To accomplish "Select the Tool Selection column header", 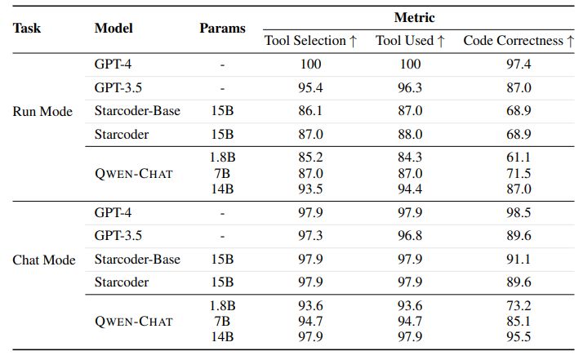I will pos(311,41).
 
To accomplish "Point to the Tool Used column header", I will pos(410,41).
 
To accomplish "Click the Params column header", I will pos(222,28).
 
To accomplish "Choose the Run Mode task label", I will pos(42,111).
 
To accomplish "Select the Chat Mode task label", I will pos(44,260).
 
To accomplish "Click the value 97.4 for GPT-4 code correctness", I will pos(519,64).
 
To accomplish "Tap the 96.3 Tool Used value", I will pos(410,87).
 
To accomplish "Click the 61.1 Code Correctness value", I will pos(519,158).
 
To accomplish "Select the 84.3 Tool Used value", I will pos(410,158).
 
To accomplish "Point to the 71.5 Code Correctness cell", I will pos(519,173).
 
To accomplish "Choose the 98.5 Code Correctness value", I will pos(519,212).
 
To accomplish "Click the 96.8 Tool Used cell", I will pos(410,236).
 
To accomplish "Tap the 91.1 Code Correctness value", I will pos(519,260).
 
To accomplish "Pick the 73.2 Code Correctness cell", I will pos(519,306).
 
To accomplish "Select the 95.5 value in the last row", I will pos(519,337).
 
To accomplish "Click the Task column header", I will pos(27,28).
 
